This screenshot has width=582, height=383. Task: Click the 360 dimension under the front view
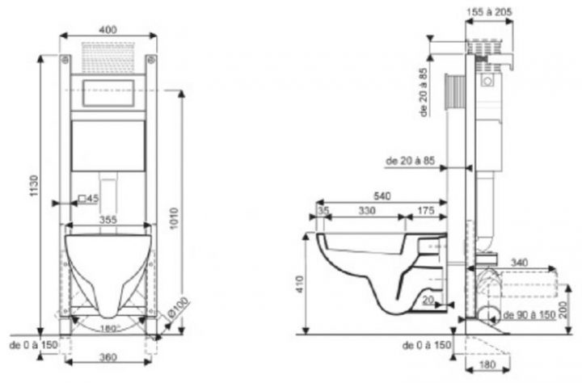click(107, 356)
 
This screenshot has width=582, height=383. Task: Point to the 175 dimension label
click(425, 210)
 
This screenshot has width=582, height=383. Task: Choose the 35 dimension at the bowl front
click(324, 210)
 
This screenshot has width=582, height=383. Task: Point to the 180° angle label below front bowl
click(108, 329)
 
